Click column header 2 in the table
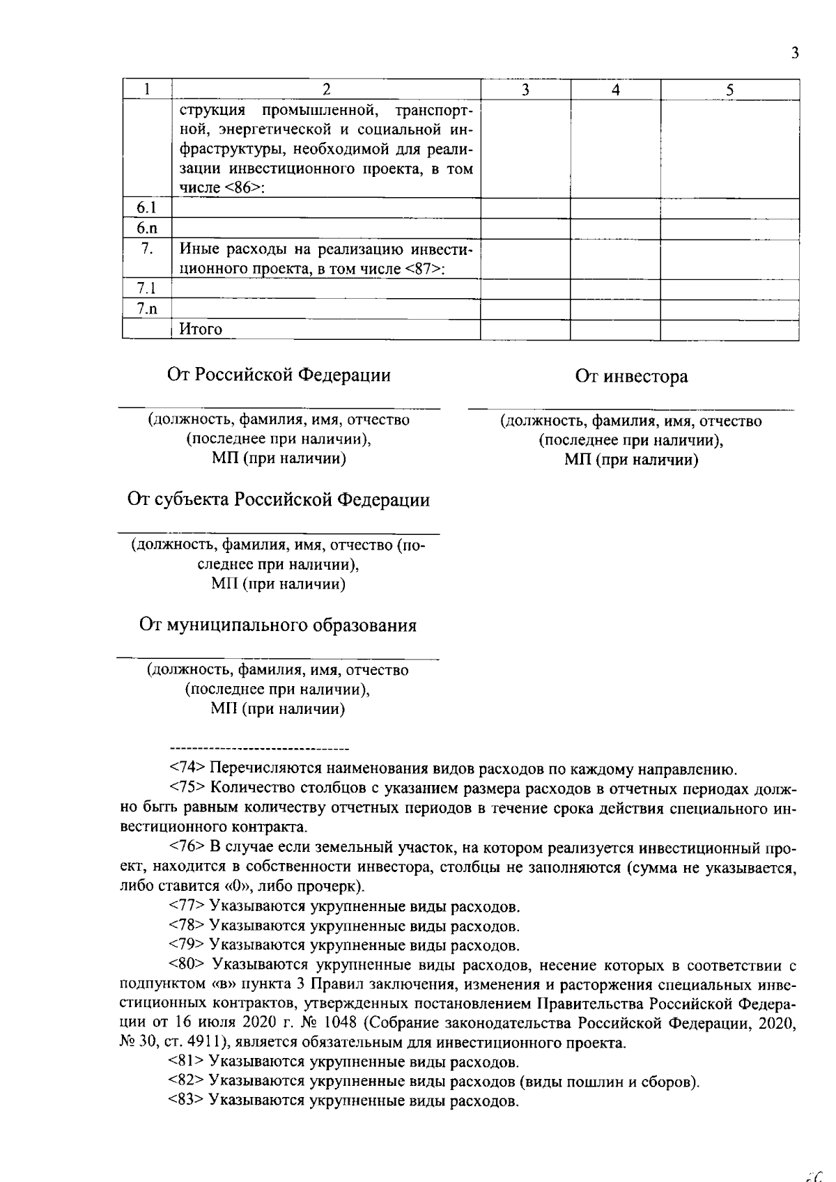325,89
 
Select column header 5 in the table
729,89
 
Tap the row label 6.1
146,208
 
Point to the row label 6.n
146,228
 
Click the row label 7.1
146,288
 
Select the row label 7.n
146,309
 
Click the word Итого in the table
201,329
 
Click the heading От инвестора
631,377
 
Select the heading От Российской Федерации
279,375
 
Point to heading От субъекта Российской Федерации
279,500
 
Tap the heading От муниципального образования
278,625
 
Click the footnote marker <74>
187,769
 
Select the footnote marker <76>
187,848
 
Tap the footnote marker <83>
187,1101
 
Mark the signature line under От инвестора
630,408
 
